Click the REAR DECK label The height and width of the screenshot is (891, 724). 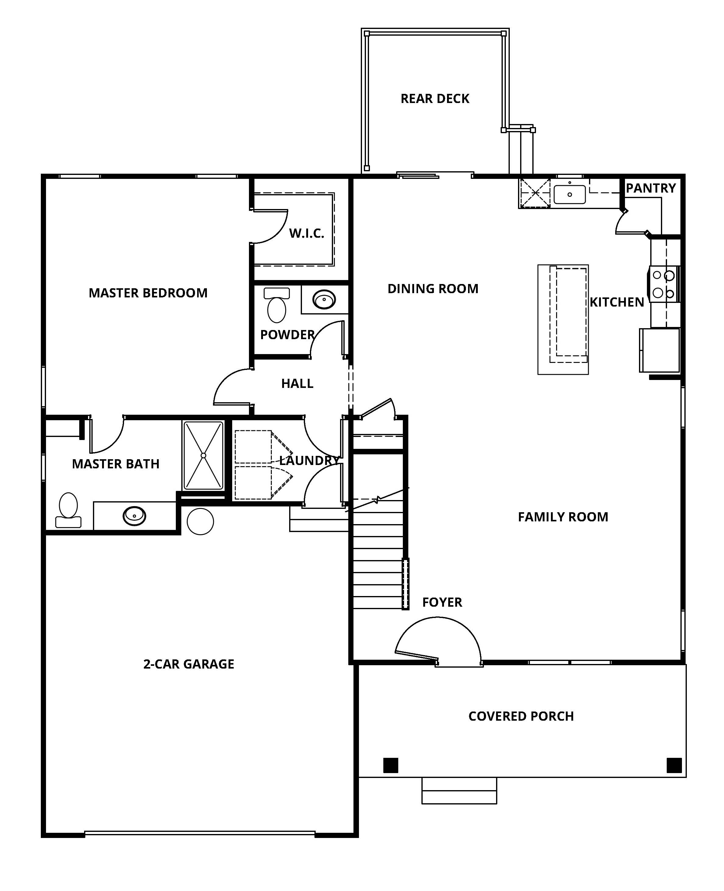(435, 99)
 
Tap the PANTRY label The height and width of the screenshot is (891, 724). (651, 188)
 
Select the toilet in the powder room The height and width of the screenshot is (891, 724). (276, 305)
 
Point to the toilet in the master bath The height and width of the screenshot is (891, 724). (68, 510)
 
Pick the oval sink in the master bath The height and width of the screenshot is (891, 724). (134, 516)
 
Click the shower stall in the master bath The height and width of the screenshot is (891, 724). (203, 455)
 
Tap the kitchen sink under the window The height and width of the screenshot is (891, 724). (570, 194)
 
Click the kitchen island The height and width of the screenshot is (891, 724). (563, 319)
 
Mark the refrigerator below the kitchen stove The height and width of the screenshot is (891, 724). (660, 350)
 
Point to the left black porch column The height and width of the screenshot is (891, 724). (391, 765)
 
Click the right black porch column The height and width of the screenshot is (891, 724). (674, 765)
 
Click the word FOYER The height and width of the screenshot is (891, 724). (442, 602)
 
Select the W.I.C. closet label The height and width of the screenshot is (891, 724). (307, 233)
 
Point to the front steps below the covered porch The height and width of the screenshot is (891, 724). (459, 790)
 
